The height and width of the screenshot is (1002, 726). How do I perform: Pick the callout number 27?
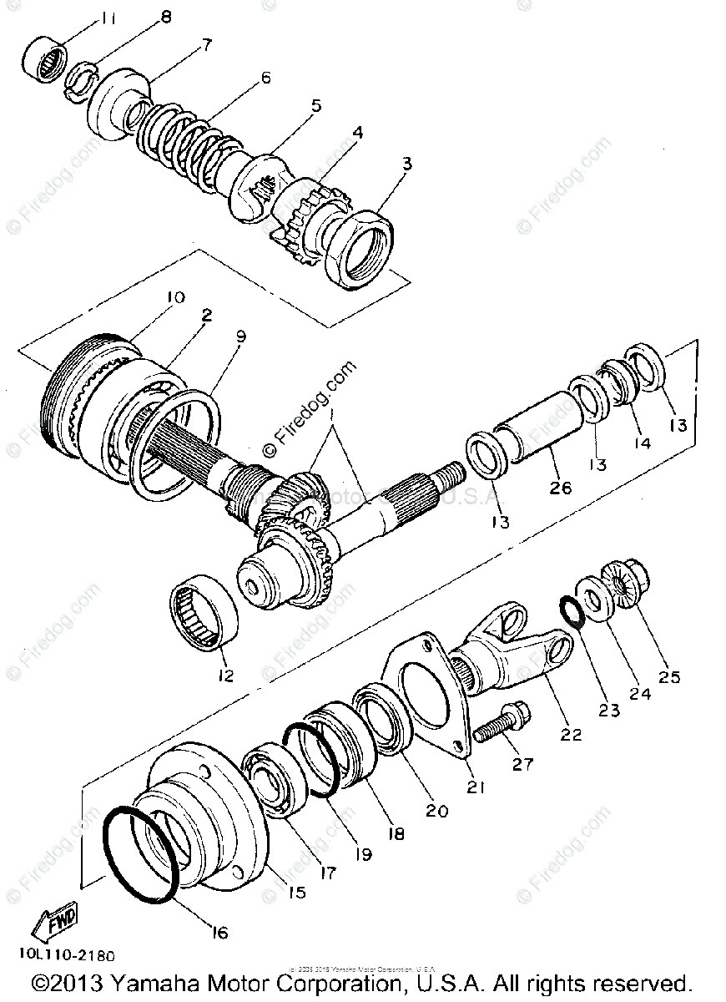pyautogui.click(x=523, y=764)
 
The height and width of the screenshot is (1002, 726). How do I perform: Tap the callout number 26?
pyautogui.click(x=561, y=487)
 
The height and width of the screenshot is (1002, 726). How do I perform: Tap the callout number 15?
pyautogui.click(x=296, y=892)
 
